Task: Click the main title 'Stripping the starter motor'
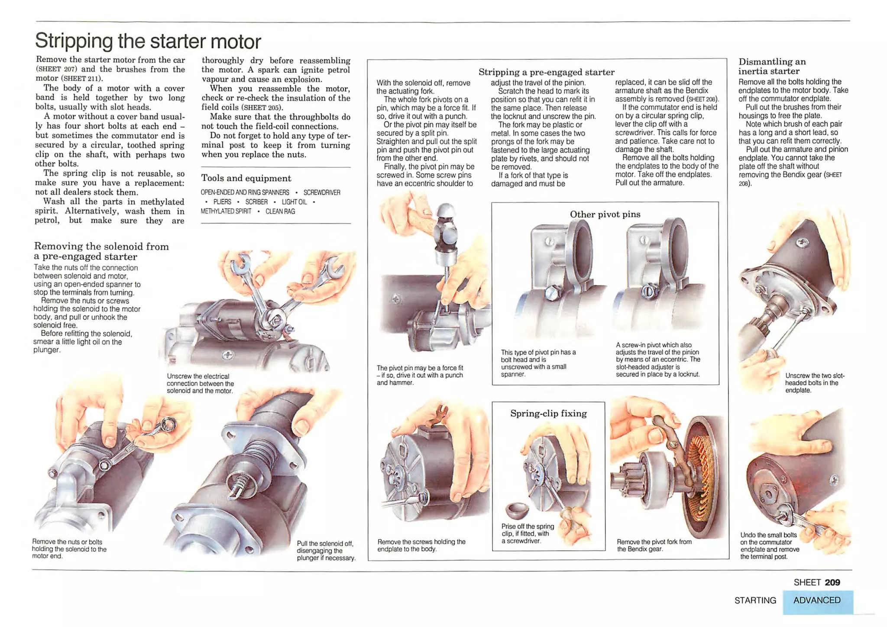[x=148, y=41]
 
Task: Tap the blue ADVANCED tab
[x=816, y=600]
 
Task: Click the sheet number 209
[x=832, y=582]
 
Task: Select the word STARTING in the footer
[x=755, y=600]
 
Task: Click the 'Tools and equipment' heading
[x=246, y=178]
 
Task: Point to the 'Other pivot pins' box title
[x=605, y=214]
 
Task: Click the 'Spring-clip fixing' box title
[x=548, y=413]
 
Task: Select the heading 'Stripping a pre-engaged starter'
[x=546, y=72]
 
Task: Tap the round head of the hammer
[x=446, y=212]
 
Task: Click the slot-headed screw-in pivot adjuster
[x=649, y=291]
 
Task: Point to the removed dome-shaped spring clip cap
[x=517, y=510]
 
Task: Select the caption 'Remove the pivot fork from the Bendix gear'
[x=654, y=545]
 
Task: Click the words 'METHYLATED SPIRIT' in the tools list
[x=226, y=211]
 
